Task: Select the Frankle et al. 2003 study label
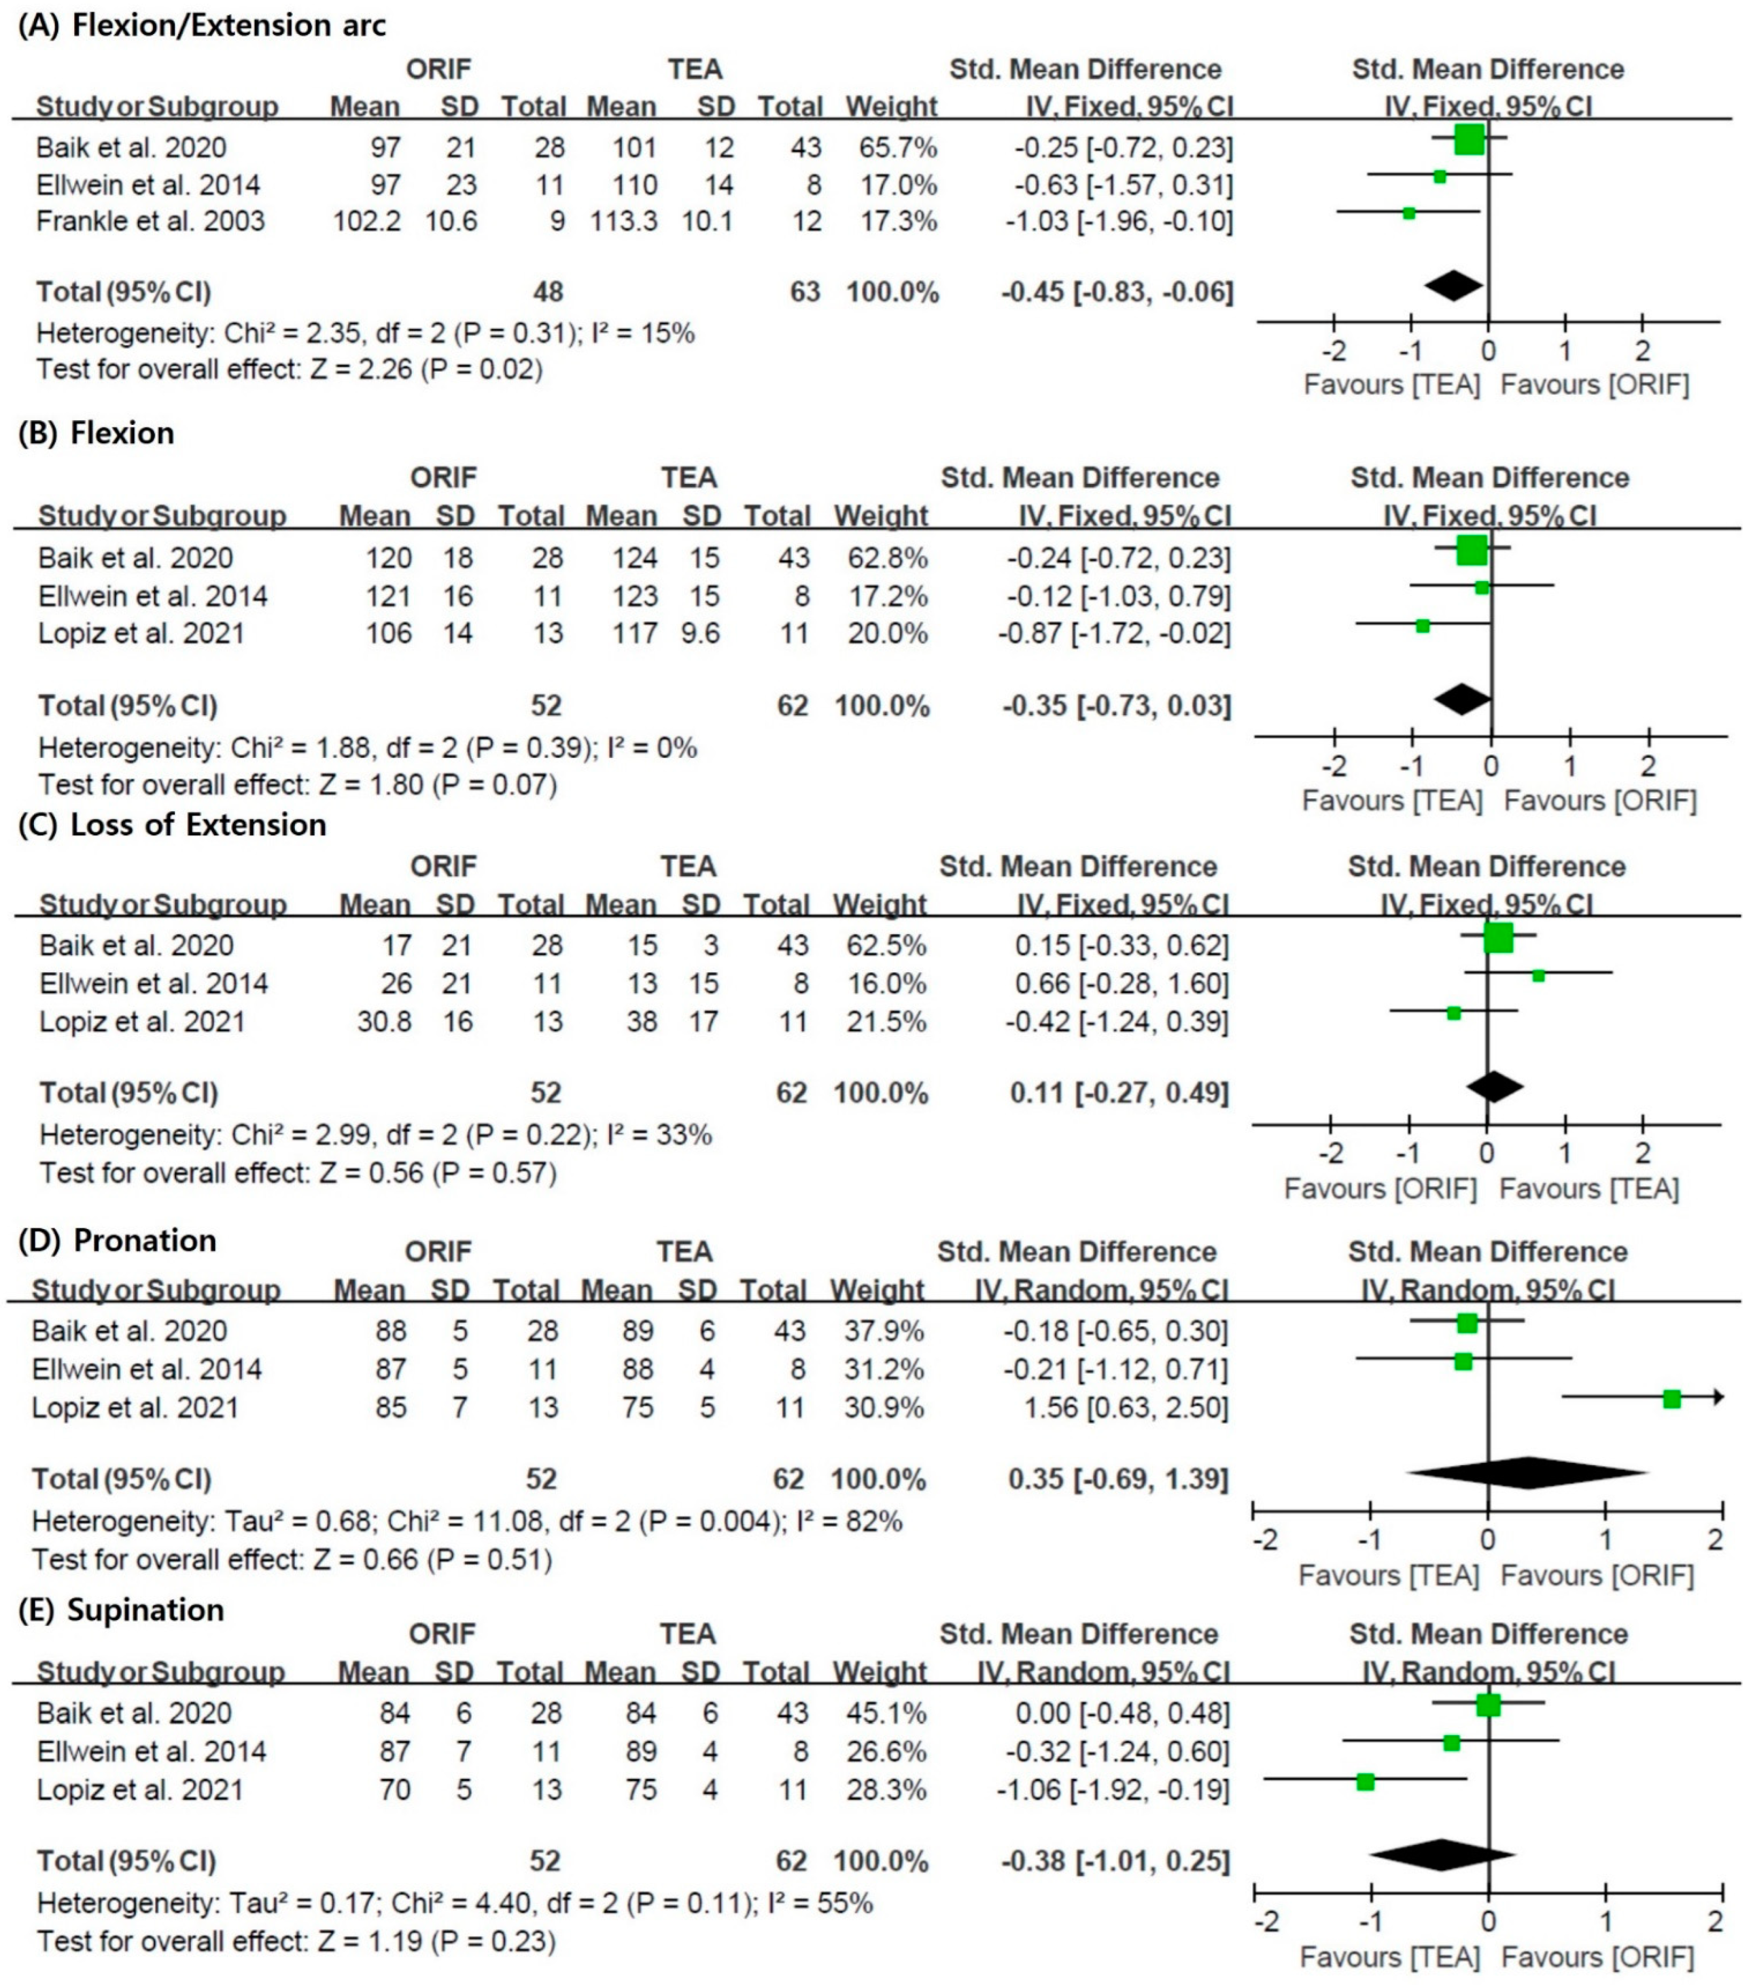[151, 221]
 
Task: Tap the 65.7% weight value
[898, 147]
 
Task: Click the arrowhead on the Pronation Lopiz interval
[1718, 1397]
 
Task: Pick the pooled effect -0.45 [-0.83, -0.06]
[1117, 292]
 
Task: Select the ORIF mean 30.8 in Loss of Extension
[385, 1022]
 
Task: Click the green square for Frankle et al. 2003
[1408, 213]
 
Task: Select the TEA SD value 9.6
[701, 633]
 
